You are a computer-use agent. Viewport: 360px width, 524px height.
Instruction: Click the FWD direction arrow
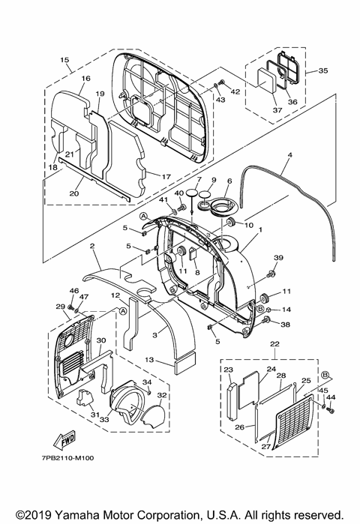point(64,440)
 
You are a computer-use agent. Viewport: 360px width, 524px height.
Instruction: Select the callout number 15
point(64,60)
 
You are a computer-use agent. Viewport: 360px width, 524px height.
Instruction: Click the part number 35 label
point(323,70)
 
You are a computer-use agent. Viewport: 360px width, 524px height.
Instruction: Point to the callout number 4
point(289,154)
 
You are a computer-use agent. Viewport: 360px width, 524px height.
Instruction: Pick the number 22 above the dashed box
point(274,344)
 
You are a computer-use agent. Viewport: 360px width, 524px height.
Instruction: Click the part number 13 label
point(149,360)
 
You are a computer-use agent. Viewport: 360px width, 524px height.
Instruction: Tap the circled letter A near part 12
point(123,311)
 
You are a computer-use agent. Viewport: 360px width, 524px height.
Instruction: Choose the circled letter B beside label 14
point(259,308)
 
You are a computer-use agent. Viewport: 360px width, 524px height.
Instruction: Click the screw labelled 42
point(221,82)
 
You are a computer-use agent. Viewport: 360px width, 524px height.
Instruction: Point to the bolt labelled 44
point(331,411)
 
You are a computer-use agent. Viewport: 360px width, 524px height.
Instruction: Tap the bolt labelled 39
point(270,274)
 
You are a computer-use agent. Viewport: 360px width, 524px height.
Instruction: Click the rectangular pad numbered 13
point(184,364)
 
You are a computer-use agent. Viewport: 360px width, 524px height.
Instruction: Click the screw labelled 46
point(70,307)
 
